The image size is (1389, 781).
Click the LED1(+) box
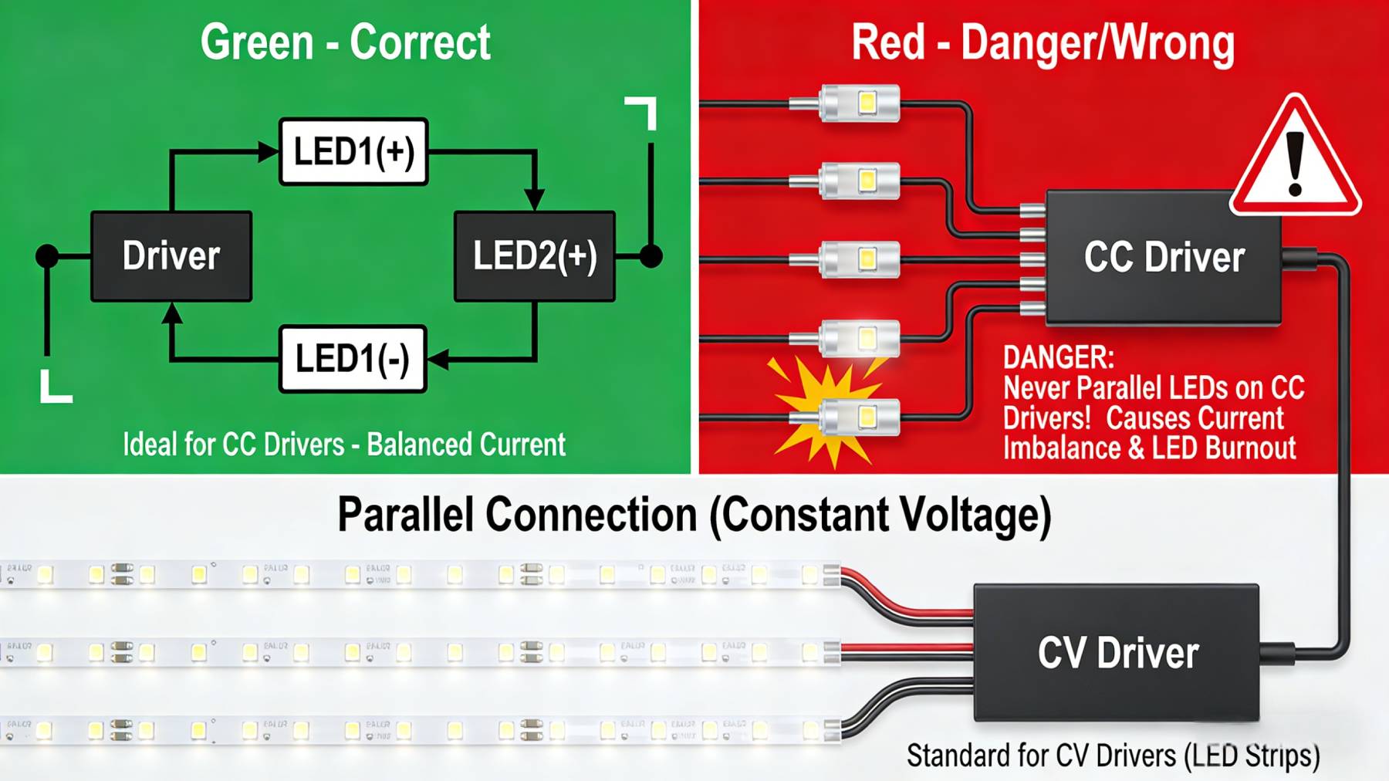(353, 151)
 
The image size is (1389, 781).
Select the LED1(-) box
(353, 359)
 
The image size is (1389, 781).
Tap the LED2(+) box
(535, 256)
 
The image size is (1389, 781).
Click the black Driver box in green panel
(171, 256)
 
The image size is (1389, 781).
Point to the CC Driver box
(1163, 258)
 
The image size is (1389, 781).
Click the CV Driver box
(1117, 653)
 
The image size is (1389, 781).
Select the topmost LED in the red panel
(859, 103)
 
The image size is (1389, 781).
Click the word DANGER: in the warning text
(1058, 358)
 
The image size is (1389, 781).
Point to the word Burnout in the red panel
(1250, 448)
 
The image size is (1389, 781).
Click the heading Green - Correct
(345, 42)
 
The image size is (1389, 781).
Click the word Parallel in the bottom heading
(405, 515)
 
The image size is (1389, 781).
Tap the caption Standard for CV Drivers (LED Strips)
(1112, 756)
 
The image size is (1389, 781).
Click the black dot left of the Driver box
(47, 255)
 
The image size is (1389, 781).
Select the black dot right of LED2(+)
(651, 256)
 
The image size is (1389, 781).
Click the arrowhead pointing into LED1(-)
(438, 360)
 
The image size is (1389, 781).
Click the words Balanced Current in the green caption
(465, 445)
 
